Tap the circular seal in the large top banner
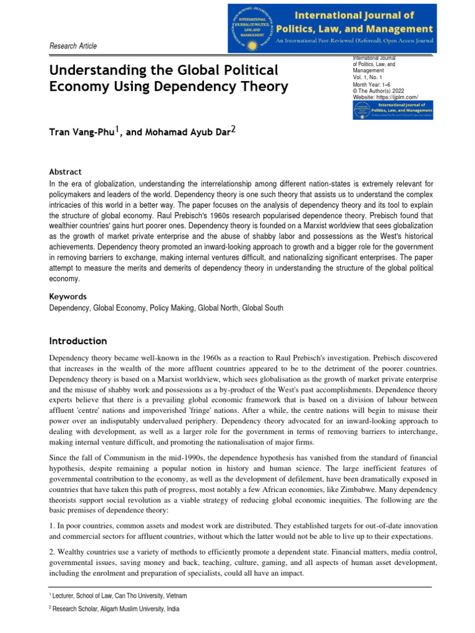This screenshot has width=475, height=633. pos(252,28)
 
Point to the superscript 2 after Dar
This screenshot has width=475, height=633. pos(233,129)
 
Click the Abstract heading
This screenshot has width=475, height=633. pos(65,172)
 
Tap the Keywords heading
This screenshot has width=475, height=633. pos(67,296)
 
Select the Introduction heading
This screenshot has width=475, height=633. pos(78,341)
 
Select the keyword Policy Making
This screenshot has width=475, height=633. pos(171,307)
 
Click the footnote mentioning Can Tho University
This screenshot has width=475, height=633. pos(118,596)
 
